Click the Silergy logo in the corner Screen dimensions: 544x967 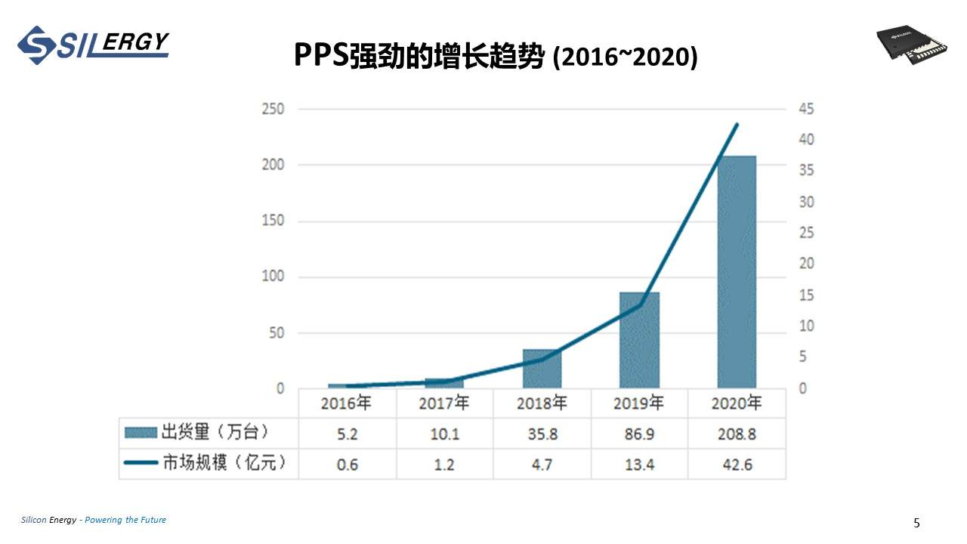pyautogui.click(x=93, y=45)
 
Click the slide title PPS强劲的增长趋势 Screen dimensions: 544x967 pyautogui.click(x=419, y=56)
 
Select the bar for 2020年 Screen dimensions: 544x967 pyautogui.click(x=737, y=272)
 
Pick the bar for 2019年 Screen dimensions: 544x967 pyautogui.click(x=639, y=340)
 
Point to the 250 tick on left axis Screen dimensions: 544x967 pyautogui.click(x=272, y=109)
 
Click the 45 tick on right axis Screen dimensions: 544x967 pyautogui.click(x=806, y=109)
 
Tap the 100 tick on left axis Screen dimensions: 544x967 pyautogui.click(x=272, y=277)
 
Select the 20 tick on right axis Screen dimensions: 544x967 pyautogui.click(x=806, y=264)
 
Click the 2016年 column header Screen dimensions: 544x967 pyautogui.click(x=346, y=403)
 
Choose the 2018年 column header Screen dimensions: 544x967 pyautogui.click(x=542, y=403)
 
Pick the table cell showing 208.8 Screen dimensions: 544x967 pyautogui.click(x=737, y=434)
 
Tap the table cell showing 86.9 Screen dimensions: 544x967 pyautogui.click(x=639, y=434)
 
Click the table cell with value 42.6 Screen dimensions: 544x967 pyautogui.click(x=737, y=465)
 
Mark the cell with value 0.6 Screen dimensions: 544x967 pyautogui.click(x=347, y=465)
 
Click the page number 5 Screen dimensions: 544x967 pyautogui.click(x=916, y=523)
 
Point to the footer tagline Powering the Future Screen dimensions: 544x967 pyautogui.click(x=125, y=520)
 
